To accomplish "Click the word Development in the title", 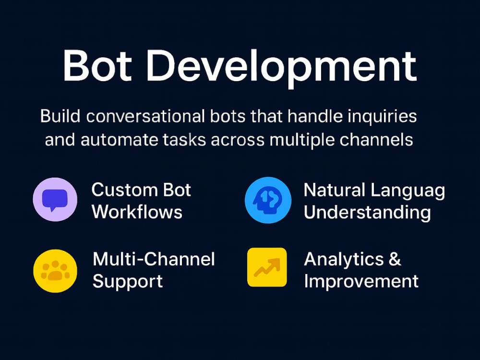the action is point(281,68).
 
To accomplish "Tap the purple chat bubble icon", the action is point(55,199).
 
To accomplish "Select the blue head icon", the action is point(268,200).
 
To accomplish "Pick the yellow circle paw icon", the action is point(55,271).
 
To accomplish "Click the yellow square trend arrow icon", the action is point(267,267).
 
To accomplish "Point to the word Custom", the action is point(125,190).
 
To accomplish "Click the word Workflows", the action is point(137,212).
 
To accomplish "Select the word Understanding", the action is point(367,213).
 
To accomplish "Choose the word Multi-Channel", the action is point(154,259).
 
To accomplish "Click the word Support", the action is point(127,282).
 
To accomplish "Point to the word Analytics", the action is point(344,260).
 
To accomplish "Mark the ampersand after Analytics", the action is point(395,259).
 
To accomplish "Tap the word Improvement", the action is point(361,282).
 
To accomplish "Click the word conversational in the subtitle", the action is point(145,117).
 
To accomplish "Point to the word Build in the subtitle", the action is point(60,116).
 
